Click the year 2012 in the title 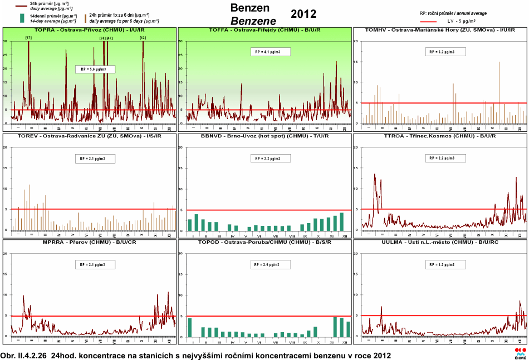303,14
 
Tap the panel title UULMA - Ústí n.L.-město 440,242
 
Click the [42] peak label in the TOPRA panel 143,38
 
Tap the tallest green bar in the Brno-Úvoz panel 341,221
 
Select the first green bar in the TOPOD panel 190,327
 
